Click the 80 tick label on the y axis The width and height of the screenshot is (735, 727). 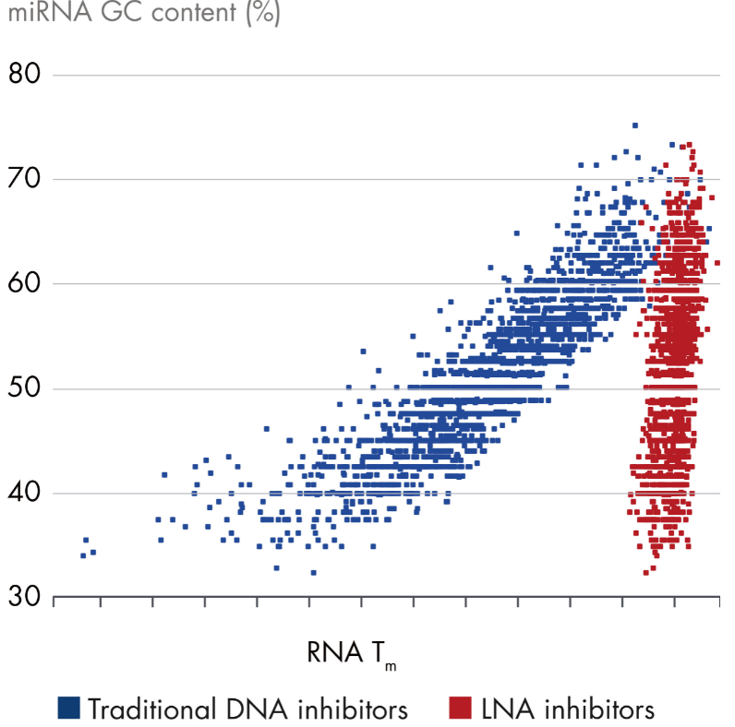[24, 74]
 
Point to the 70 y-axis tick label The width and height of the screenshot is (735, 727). [24, 178]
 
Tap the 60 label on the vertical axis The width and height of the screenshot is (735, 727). [24, 283]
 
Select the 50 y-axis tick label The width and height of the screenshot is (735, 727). [24, 387]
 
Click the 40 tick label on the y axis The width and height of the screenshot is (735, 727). [24, 493]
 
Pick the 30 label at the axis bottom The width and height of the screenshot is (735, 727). [24, 597]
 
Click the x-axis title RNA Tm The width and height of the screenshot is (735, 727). [352, 654]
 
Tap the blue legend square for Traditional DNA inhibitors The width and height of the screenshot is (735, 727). [68, 708]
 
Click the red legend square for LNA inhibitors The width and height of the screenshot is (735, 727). [460, 708]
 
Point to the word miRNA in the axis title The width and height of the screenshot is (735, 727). [50, 11]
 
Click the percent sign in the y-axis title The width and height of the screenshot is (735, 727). [263, 12]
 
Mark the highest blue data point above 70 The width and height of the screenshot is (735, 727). [635, 125]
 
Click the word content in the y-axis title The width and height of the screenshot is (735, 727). [194, 12]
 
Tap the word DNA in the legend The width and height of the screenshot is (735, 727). [257, 709]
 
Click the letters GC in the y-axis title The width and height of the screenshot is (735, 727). [122, 11]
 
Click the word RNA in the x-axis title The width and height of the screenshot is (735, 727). [334, 652]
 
